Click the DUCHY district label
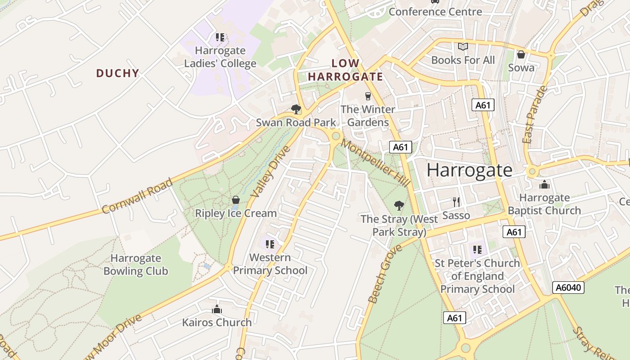pyautogui.click(x=117, y=73)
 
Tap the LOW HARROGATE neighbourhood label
pyautogui.click(x=346, y=70)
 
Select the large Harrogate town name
pyautogui.click(x=469, y=170)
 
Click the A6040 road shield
pyautogui.click(x=568, y=288)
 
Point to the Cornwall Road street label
pyautogui.click(x=137, y=196)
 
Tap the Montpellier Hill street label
pyautogui.click(x=375, y=163)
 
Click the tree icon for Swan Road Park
pyautogui.click(x=296, y=109)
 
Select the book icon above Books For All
pyautogui.click(x=463, y=47)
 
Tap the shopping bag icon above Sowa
pyautogui.click(x=521, y=54)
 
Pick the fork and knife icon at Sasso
pyautogui.click(x=456, y=202)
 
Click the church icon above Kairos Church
pyautogui.click(x=217, y=309)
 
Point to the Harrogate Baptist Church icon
pyautogui.click(x=544, y=184)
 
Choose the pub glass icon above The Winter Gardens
pyautogui.click(x=368, y=96)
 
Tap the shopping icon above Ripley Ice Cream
pyautogui.click(x=235, y=200)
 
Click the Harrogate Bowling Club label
pyautogui.click(x=135, y=265)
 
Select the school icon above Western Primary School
pyautogui.click(x=270, y=244)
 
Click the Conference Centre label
pyautogui.click(x=435, y=12)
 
